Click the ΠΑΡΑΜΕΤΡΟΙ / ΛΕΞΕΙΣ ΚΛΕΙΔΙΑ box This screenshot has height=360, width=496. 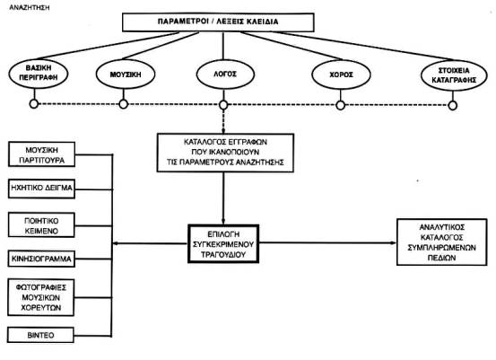[218, 22]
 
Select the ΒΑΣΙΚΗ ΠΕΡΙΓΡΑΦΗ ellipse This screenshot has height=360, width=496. [39, 73]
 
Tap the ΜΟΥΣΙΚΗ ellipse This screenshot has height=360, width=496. [126, 75]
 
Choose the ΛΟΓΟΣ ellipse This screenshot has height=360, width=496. [225, 75]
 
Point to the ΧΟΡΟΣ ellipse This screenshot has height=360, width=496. [341, 75]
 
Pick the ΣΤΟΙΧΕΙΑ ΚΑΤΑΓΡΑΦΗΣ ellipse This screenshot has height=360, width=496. [454, 75]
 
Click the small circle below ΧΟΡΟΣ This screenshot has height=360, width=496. [340, 105]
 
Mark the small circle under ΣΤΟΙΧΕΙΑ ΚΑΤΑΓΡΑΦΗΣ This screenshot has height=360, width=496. [453, 105]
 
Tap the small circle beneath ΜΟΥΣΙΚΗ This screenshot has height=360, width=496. [124, 104]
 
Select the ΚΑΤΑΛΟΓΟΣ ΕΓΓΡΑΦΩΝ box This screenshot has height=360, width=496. [225, 153]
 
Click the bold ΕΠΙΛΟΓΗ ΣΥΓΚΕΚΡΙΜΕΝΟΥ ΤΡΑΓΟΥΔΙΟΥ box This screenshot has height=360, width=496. [223, 244]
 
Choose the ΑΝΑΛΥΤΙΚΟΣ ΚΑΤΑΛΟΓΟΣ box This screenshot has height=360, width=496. [442, 242]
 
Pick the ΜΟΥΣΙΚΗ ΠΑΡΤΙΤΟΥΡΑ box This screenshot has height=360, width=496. [41, 154]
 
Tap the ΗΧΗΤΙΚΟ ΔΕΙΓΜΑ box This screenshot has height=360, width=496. [41, 188]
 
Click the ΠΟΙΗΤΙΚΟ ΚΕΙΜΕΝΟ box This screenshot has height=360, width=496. [41, 225]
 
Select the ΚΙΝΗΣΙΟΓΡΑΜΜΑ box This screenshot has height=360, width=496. [41, 259]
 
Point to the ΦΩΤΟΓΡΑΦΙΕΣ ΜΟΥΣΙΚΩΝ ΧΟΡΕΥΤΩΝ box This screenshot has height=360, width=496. [41, 297]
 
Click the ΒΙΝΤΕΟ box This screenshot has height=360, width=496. [40, 335]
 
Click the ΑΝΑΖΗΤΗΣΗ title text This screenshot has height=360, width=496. [30, 7]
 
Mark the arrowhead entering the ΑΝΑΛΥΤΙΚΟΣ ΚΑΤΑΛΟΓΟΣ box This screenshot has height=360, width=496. [394, 243]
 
